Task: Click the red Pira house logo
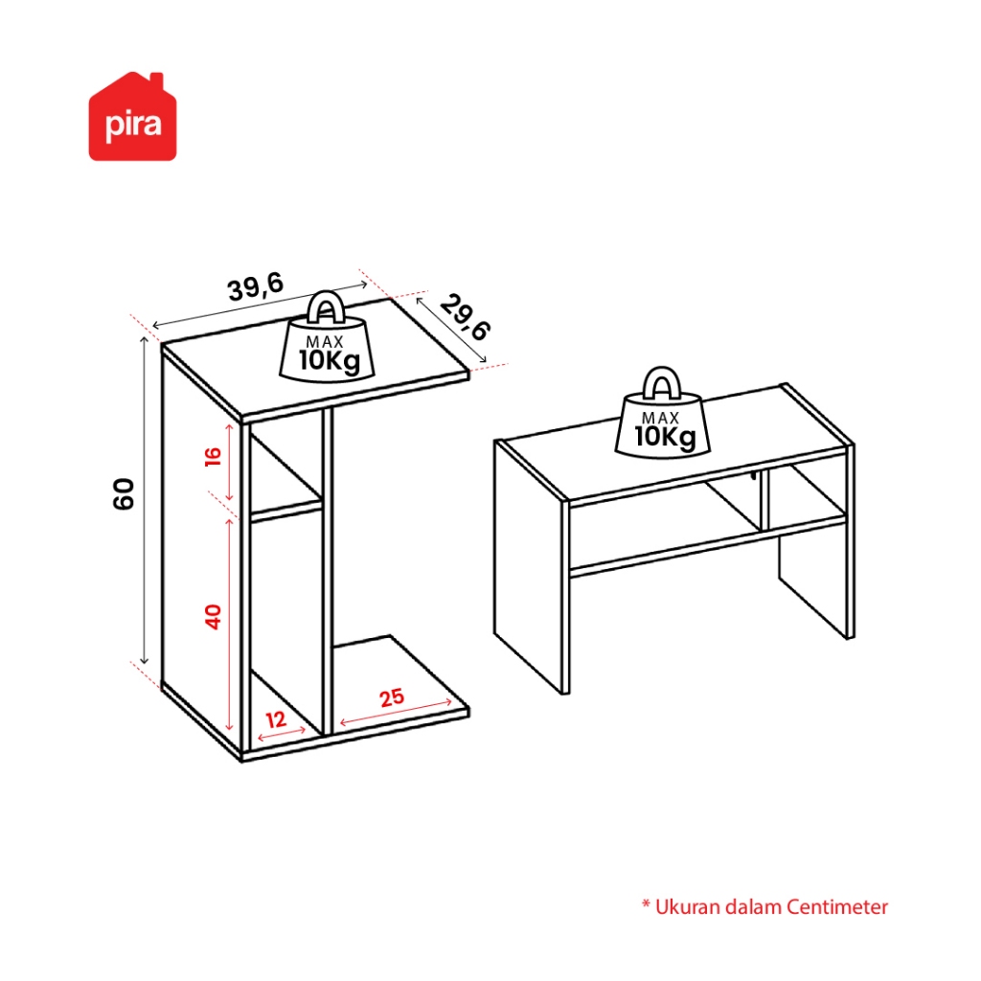tap(132, 116)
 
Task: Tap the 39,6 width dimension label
tap(256, 287)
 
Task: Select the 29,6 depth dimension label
tap(466, 317)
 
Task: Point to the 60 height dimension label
tap(124, 493)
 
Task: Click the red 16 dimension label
tap(213, 457)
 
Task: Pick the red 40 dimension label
tap(213, 617)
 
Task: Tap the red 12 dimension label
tap(276, 719)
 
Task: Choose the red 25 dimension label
tap(392, 697)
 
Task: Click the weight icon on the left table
tap(327, 335)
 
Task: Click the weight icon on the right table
tap(663, 412)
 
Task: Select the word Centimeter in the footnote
tap(837, 906)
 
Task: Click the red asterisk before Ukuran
tap(647, 904)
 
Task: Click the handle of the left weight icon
tap(326, 306)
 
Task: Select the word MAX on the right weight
tap(661, 418)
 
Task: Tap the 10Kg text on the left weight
tap(330, 361)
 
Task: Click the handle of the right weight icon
tap(662, 383)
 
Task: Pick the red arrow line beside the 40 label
tap(230, 625)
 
